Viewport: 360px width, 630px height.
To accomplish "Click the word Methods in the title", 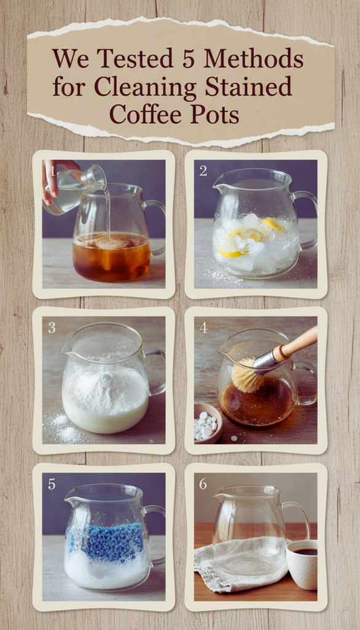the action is (x=254, y=59).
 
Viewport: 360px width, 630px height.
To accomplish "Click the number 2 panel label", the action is (x=203, y=170).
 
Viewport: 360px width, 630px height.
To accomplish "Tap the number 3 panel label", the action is (x=52, y=327).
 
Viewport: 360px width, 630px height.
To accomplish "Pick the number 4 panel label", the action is (x=203, y=327).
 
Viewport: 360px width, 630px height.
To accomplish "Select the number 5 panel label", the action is (x=52, y=484).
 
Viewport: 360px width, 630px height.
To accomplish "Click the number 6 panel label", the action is (x=203, y=484).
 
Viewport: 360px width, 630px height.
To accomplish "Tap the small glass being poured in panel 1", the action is (x=74, y=189).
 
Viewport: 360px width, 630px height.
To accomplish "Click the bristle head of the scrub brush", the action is (x=248, y=376).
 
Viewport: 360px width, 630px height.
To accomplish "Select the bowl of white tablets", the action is (x=208, y=423).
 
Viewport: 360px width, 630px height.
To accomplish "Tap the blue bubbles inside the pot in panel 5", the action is (x=106, y=543).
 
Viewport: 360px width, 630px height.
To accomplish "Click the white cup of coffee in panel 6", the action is (x=302, y=565).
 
